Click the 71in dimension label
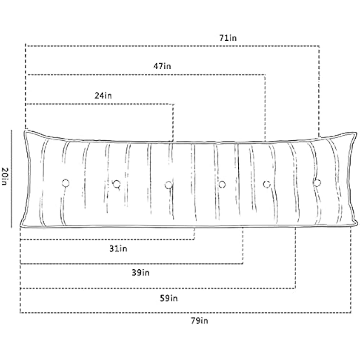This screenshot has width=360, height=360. [x=228, y=38]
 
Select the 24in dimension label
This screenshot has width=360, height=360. [x=103, y=96]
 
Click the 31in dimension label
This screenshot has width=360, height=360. [x=118, y=248]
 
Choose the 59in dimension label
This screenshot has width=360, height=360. [x=169, y=298]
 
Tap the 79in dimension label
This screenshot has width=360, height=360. [x=199, y=321]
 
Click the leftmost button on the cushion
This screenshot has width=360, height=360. [x=66, y=183]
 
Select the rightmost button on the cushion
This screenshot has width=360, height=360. [x=317, y=183]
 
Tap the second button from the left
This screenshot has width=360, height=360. [x=116, y=184]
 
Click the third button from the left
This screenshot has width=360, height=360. [x=168, y=185]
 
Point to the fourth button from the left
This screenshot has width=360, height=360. [x=222, y=185]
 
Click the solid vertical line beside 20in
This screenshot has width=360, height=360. [x=12, y=179]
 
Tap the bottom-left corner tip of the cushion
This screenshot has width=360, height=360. [x=20, y=226]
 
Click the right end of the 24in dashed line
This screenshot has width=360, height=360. [x=173, y=104]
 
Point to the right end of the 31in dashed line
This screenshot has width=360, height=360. [x=194, y=239]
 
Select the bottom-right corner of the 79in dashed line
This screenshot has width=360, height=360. [x=351, y=312]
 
